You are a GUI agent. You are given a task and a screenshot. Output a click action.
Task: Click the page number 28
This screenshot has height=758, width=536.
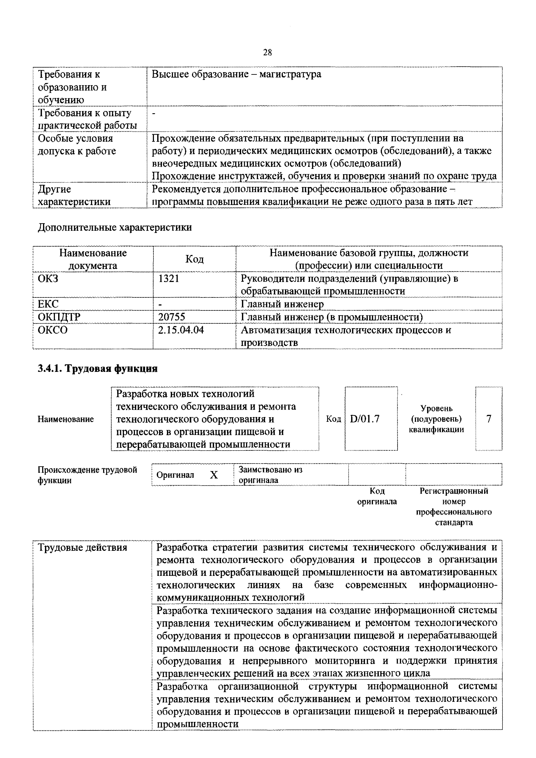pos(267,52)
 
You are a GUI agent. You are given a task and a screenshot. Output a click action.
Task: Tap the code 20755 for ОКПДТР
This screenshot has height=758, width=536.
pos(171,317)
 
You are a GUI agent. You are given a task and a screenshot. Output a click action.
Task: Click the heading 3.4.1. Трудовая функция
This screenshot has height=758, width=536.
pos(98,368)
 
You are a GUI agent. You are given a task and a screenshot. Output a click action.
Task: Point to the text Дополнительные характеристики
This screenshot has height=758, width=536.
pos(115,228)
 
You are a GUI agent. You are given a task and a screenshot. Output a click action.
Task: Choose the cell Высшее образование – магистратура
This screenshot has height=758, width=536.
pos(236,74)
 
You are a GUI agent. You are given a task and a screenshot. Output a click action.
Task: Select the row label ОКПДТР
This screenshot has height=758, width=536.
pos(59,317)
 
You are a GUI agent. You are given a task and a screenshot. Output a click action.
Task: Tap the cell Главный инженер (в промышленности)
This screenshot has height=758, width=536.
pos(332,317)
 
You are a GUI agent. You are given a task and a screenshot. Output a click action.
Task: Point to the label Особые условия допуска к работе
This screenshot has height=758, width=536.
pos(77,145)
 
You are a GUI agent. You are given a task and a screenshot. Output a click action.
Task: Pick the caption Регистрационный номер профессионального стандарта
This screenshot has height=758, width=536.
pos(454,507)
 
